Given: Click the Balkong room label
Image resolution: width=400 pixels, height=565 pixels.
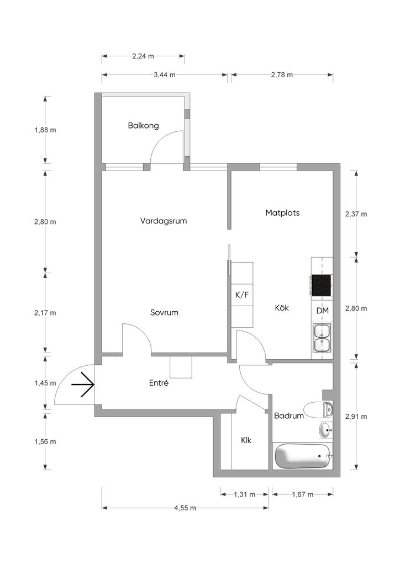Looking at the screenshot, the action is tap(143, 126).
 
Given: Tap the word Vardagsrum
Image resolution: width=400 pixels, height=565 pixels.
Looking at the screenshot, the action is tap(164, 221).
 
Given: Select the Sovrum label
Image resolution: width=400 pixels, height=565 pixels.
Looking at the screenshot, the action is tap(164, 312).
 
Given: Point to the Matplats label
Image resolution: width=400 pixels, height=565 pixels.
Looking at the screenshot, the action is tap(282, 212).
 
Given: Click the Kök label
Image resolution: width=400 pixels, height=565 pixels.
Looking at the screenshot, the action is tap(282, 308).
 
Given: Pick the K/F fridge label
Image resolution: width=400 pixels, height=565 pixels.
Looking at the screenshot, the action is tap(242, 295).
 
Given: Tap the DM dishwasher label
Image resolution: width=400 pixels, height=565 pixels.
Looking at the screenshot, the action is tap(323, 310).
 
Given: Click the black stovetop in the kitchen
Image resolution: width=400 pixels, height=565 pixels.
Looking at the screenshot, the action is tap(321, 285).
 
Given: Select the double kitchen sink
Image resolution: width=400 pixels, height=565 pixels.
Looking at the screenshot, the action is tap(322, 338).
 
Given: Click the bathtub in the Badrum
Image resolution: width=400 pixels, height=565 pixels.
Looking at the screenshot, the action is tap(302, 456).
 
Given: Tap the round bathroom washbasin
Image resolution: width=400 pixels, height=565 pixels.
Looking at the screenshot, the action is tap(327, 430).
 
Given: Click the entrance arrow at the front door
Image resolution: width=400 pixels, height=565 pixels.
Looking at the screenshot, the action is tap(83, 385).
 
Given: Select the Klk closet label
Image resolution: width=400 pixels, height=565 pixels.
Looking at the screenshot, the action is tap(246, 440).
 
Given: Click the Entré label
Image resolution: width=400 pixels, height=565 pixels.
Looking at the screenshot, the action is tap(159, 383).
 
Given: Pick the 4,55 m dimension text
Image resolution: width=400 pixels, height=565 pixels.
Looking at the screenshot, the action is tap(185, 508).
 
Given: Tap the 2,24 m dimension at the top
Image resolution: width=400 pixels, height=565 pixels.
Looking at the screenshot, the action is tap(143, 56).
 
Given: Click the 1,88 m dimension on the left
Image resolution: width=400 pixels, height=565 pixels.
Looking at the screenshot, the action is tap(45, 130).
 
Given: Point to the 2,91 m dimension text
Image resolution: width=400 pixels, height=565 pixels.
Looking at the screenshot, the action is tap(356, 417).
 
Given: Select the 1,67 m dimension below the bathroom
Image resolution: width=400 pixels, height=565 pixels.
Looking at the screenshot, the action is tap(303, 494).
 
